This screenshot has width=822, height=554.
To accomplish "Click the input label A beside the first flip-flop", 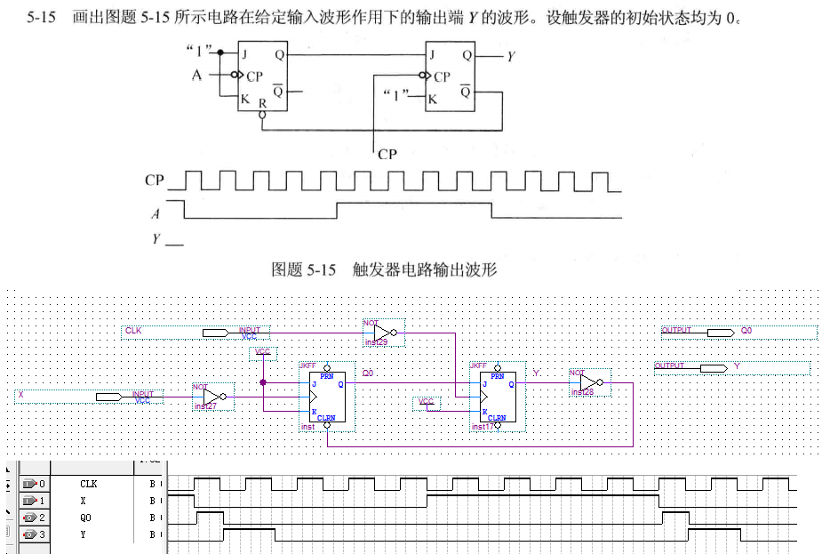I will click(197, 76).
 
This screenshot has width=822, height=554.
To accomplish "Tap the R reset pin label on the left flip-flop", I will click(261, 104).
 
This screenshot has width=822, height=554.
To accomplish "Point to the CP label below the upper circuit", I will click(387, 154).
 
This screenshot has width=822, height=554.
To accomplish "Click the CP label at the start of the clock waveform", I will click(155, 181).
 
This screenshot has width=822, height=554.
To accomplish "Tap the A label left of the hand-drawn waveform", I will click(156, 213).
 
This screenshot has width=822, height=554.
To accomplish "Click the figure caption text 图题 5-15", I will click(305, 269).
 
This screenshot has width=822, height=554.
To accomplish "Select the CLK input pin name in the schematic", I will click(133, 331).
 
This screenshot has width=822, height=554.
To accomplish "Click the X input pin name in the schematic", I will click(20, 394).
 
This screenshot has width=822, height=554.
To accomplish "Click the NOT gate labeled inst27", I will click(213, 397).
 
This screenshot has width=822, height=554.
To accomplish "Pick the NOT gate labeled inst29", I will click(382, 333).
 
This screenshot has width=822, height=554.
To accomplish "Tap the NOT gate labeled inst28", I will click(588, 382).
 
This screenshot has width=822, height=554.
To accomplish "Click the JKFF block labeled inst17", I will click(496, 395).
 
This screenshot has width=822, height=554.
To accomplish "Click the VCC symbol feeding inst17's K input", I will click(427, 403).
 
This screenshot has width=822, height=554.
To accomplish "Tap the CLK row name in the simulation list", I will click(88, 485).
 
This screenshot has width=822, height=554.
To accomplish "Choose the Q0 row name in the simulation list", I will click(84, 518).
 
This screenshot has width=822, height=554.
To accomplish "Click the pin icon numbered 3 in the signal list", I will click(32, 534).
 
